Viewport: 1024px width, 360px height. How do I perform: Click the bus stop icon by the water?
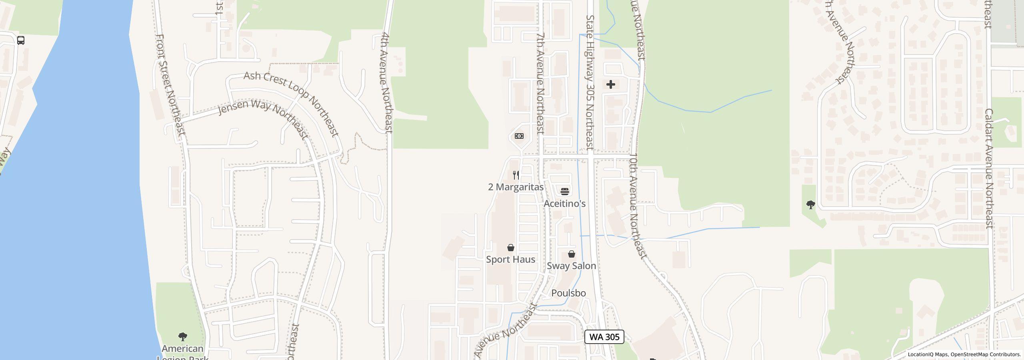tap(21, 40)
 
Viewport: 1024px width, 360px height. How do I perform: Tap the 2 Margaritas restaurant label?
tap(516, 187)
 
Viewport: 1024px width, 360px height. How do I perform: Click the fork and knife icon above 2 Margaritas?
tap(516, 175)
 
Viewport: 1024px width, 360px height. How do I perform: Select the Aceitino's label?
tap(564, 204)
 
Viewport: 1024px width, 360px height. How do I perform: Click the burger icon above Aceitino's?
tap(564, 191)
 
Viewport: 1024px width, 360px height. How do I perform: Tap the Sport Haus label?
tap(510, 259)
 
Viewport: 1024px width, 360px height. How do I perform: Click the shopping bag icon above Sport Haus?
tap(510, 248)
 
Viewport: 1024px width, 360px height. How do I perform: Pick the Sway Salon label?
tap(571, 266)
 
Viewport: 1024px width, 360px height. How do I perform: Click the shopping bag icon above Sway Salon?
tap(572, 254)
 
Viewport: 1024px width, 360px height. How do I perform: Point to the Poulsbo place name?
tap(568, 293)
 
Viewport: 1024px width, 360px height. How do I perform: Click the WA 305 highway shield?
tap(604, 337)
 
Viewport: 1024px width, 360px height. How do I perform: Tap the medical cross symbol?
tap(610, 84)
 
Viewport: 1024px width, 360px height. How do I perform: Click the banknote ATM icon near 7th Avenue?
tap(519, 136)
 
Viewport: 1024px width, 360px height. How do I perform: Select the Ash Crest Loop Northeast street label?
tap(292, 104)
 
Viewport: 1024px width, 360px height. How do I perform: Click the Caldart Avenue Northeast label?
tap(989, 168)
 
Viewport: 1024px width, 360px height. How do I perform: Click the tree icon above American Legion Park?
tap(183, 336)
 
